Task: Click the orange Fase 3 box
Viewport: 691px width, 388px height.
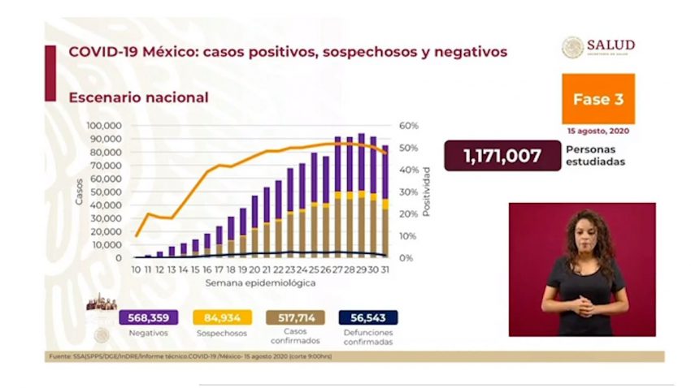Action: (598, 99)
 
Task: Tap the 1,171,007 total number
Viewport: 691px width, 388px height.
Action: (502, 155)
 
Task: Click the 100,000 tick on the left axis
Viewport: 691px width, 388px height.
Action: (103, 126)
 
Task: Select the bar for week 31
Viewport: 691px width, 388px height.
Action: (385, 203)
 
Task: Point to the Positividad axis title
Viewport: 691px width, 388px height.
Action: (426, 192)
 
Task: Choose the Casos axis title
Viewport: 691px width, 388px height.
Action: (79, 192)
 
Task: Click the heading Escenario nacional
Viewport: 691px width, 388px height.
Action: (138, 97)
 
